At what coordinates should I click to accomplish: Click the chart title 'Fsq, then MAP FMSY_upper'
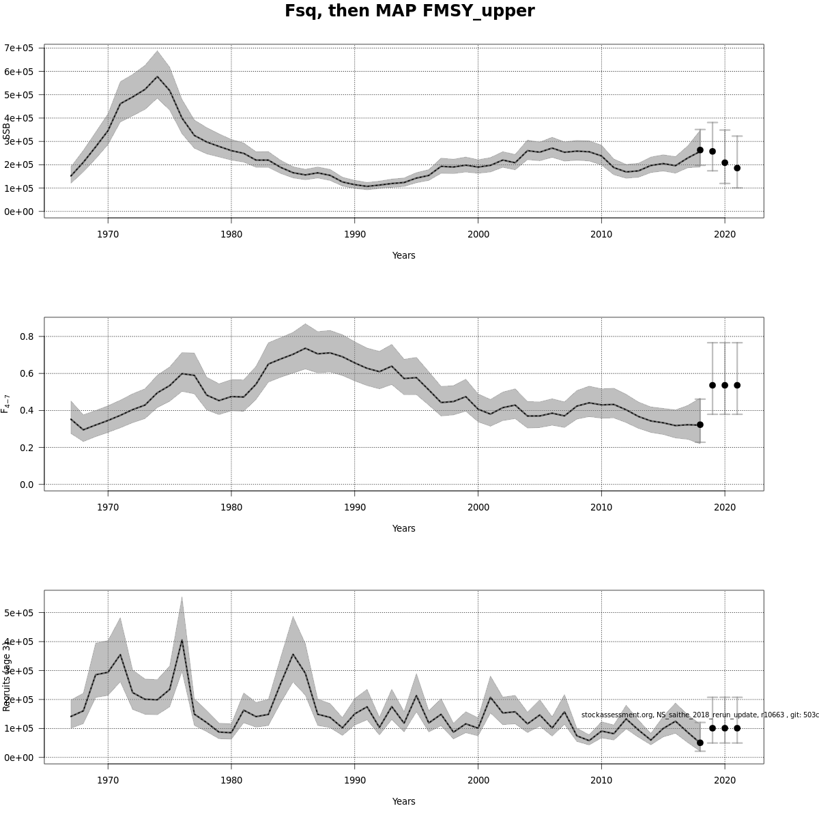(x=409, y=12)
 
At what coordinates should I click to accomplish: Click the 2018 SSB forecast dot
(x=700, y=150)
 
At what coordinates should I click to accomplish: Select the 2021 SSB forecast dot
(x=737, y=168)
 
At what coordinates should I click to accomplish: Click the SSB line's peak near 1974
(x=157, y=76)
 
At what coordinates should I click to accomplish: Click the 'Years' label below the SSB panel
(x=403, y=256)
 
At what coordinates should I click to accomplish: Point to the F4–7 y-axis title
(x=6, y=403)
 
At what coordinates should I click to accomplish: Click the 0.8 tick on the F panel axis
(x=27, y=336)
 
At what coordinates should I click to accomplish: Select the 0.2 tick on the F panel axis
(x=27, y=448)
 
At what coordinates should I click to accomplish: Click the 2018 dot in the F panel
(x=700, y=425)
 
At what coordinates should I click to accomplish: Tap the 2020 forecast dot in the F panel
(x=725, y=385)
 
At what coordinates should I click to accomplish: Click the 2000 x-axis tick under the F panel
(x=478, y=507)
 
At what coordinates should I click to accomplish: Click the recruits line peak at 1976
(x=182, y=640)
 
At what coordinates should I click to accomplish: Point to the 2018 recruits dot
(x=700, y=743)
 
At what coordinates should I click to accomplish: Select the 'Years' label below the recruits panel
(x=403, y=802)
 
